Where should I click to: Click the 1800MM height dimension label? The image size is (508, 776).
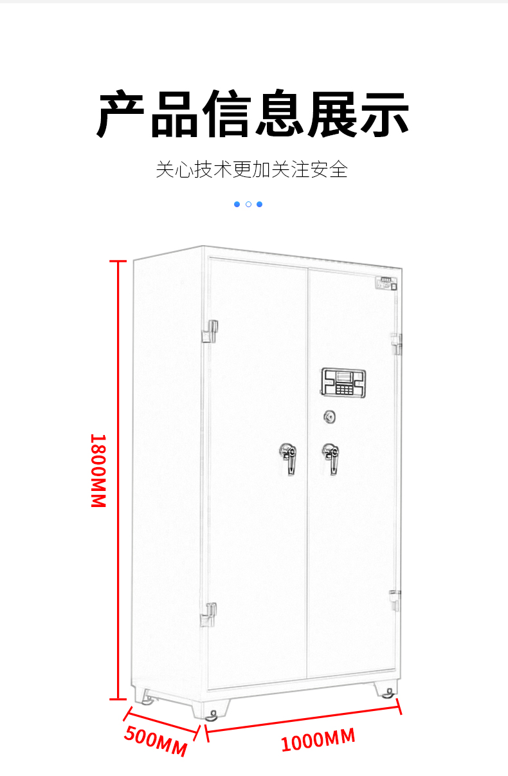coord(98,471)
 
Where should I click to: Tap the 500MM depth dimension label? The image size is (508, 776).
coord(156,741)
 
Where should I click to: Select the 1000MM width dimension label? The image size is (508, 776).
coord(318,740)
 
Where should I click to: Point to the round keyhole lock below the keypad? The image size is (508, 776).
coord(330,418)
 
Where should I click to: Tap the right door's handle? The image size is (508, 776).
coord(332,457)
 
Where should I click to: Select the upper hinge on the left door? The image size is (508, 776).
coord(210,331)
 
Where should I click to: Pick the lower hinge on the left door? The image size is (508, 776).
coord(209,614)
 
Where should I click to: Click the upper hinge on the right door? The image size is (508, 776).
coord(396,344)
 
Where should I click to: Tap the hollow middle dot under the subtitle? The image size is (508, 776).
coord(248,204)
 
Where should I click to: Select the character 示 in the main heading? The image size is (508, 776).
coord(384,115)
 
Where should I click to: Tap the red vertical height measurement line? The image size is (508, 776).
coord(117,479)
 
